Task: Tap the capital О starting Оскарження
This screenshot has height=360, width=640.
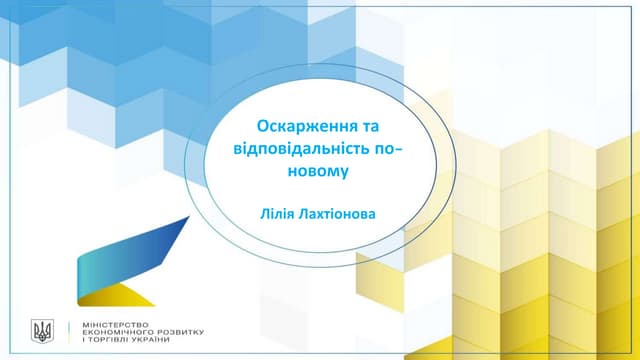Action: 263,129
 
